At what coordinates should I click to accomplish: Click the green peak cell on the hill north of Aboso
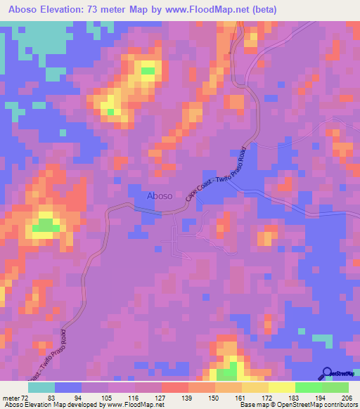(148, 70)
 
